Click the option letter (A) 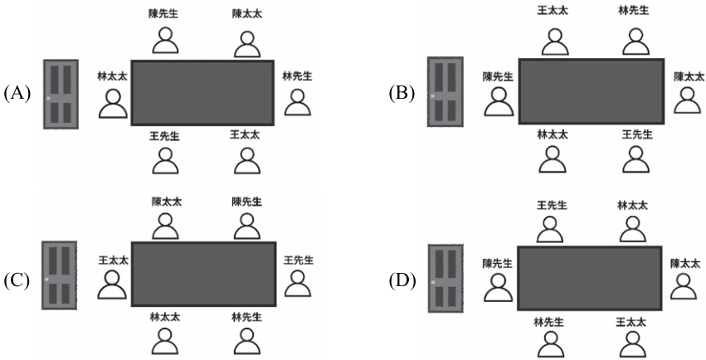coord(17,94)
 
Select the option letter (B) coord(402,94)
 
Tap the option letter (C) coord(17,280)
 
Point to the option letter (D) coord(402,281)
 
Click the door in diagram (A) coord(61,94)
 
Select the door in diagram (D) coord(446,279)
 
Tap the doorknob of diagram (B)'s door coord(433,96)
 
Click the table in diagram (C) coord(203,274)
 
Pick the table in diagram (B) coord(592,91)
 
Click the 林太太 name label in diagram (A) coord(113,76)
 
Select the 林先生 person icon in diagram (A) coord(297,102)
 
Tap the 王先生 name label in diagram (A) coord(165,136)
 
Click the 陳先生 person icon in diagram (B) coord(499,101)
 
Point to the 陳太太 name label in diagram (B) coord(689,76)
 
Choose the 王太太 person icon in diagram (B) coord(555,41)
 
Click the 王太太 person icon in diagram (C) coord(112,285)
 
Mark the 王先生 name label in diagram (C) coord(299,260)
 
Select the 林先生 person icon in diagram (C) coord(247,341)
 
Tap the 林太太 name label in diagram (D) coord(632,206)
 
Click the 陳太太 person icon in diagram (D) coord(684,287)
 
